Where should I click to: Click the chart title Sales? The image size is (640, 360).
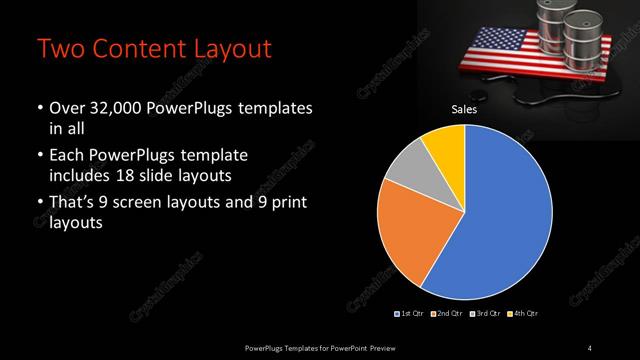[463, 111]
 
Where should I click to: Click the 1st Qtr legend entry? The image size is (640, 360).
[411, 314]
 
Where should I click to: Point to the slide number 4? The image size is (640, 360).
[589, 346]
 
